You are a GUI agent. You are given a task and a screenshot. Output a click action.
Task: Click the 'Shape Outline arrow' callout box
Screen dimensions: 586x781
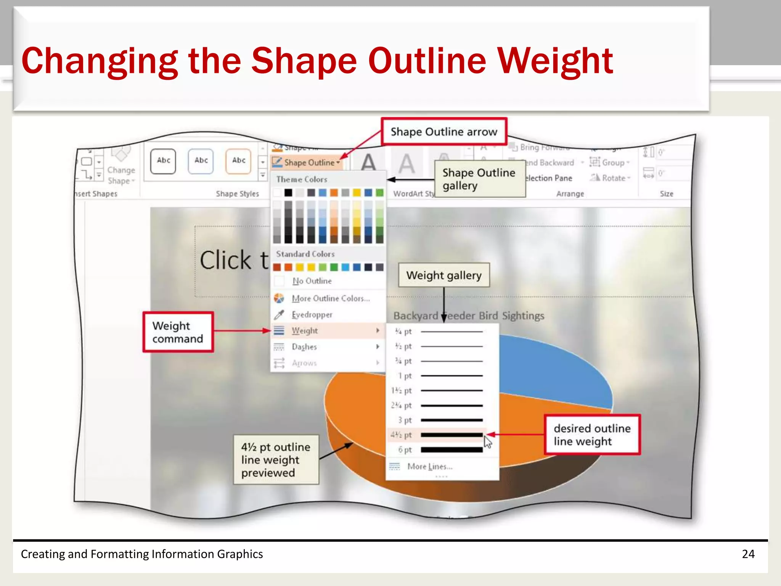pyautogui.click(x=444, y=132)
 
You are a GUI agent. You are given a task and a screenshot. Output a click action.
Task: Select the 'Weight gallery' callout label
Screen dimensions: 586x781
pyautogui.click(x=444, y=275)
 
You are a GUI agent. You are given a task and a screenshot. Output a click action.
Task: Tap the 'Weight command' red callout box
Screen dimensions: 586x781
pyautogui.click(x=178, y=332)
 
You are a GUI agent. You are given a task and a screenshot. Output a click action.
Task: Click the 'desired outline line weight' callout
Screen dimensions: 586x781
pyautogui.click(x=592, y=435)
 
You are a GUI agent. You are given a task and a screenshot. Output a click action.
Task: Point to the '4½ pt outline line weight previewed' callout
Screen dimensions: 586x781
pyautogui.click(x=276, y=460)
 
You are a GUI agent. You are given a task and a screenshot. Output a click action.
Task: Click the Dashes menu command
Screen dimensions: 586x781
pyautogui.click(x=304, y=347)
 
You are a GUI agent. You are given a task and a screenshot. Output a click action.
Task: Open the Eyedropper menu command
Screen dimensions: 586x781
pyautogui.click(x=312, y=315)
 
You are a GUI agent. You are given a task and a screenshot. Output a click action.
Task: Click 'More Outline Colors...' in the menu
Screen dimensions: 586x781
pyautogui.click(x=330, y=298)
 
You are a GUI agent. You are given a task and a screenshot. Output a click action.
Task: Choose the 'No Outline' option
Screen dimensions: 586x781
pyautogui.click(x=312, y=281)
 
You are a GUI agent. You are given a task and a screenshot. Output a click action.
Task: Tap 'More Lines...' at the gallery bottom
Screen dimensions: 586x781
pyautogui.click(x=430, y=467)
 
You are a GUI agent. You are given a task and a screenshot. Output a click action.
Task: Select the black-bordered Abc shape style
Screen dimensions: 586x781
pyautogui.click(x=163, y=161)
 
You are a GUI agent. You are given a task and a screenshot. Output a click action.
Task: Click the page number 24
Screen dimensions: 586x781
pyautogui.click(x=748, y=554)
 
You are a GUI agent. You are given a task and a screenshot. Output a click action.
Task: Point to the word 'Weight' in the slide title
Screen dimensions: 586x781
pyautogui.click(x=555, y=61)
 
